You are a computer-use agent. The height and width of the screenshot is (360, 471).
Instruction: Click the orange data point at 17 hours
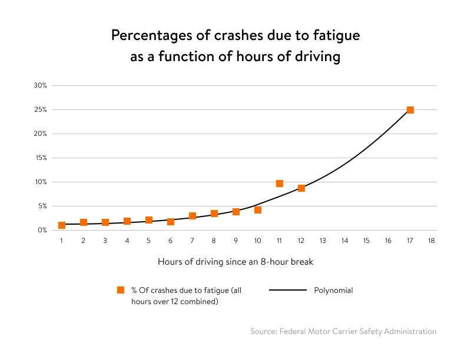coord(410,110)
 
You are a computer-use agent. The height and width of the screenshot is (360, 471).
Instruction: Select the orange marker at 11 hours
coord(280,184)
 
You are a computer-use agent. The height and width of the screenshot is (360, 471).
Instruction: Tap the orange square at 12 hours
coord(301,188)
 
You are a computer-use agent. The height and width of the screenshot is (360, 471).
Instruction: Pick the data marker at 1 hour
coord(62,225)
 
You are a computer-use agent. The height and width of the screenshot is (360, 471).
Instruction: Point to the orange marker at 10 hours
coord(258,210)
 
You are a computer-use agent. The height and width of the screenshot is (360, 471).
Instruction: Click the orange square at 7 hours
coord(193,216)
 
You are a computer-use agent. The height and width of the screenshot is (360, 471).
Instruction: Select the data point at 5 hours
coord(149,220)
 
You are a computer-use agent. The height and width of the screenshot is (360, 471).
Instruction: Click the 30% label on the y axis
coord(40,86)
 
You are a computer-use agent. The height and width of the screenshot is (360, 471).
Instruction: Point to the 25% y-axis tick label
coord(40,110)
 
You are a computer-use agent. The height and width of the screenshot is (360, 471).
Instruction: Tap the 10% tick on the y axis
coord(40,182)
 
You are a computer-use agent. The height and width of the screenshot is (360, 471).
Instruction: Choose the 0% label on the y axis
coord(42,231)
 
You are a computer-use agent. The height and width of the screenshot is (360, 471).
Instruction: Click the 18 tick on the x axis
coord(432,241)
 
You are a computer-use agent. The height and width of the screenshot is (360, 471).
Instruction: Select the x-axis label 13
coord(323,241)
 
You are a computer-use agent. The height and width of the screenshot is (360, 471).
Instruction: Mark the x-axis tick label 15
coord(366,241)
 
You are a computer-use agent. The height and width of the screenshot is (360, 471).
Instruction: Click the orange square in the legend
coord(121,290)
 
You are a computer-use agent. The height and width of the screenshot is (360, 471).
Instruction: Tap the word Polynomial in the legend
coord(333,290)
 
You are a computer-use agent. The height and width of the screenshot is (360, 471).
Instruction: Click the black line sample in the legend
coord(288,290)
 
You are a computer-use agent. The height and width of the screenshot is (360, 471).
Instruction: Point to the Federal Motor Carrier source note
coord(343,332)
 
